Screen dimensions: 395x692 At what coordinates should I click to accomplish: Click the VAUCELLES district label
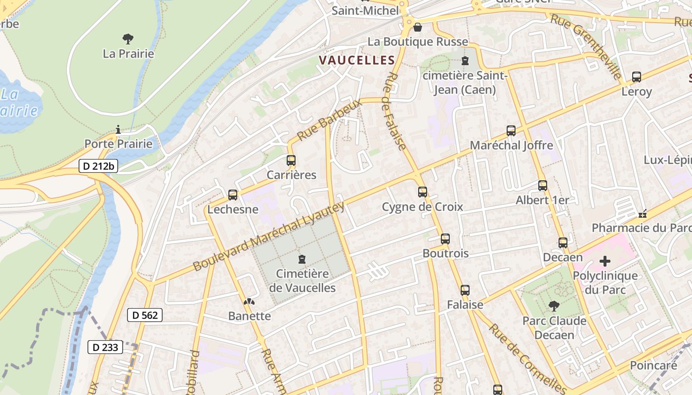[357, 61]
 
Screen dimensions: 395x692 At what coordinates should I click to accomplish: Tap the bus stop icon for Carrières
[291, 160]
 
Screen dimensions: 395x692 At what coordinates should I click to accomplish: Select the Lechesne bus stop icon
[233, 195]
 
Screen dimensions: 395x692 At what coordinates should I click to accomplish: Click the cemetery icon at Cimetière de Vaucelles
[302, 259]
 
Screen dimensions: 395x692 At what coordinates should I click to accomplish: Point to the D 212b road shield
[98, 166]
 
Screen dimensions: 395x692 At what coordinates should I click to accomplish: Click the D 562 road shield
[145, 315]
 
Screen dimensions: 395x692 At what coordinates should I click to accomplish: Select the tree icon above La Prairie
[128, 39]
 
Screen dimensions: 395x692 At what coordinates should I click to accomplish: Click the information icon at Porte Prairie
[118, 130]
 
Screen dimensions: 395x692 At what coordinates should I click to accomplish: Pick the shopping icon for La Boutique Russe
[418, 27]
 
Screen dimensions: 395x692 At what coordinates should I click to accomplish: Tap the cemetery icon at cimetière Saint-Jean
[465, 61]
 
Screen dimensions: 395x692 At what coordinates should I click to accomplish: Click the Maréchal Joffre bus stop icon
[511, 131]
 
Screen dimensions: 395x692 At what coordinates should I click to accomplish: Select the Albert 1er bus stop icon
[543, 186]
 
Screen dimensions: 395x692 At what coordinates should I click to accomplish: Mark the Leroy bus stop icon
[637, 77]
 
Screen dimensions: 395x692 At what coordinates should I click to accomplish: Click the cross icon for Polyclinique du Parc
[605, 261]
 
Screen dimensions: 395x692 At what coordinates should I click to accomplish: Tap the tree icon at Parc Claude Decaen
[555, 306]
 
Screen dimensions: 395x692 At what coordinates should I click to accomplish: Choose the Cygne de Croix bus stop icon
[423, 192]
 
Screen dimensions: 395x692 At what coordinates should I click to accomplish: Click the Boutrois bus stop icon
[445, 239]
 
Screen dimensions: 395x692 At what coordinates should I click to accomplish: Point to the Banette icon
[250, 301]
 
